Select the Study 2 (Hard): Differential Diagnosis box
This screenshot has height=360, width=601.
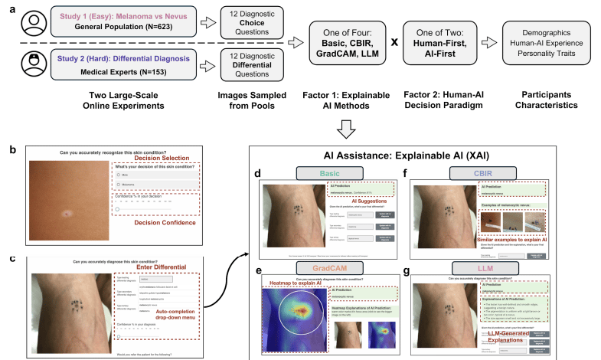click(120, 64)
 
